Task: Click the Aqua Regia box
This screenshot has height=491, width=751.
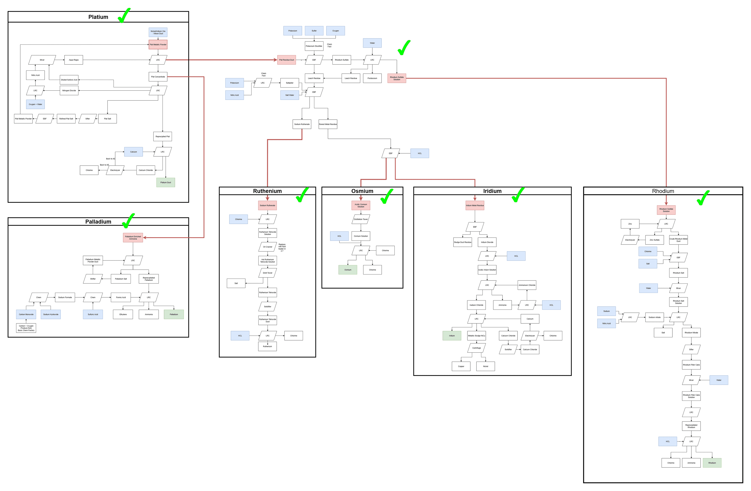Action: (74, 60)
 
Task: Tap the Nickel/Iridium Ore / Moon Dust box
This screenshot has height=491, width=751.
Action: (158, 32)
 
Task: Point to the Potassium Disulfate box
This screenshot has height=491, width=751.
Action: (314, 46)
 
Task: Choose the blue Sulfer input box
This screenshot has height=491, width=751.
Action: (314, 31)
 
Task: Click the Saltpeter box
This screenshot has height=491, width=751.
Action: (289, 83)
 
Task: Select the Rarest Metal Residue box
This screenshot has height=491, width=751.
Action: (328, 124)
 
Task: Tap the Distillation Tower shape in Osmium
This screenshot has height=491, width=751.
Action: (361, 219)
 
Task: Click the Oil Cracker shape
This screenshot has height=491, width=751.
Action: (267, 247)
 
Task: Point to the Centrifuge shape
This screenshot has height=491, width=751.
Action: (476, 348)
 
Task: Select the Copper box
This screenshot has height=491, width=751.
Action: (461, 366)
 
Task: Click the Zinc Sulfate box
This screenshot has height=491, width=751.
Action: (654, 240)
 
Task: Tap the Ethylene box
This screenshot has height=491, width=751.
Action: (123, 314)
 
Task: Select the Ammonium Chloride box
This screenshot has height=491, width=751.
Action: (527, 285)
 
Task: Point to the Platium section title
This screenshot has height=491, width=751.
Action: (98, 17)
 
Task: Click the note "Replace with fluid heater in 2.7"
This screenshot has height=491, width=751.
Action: (282, 247)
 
